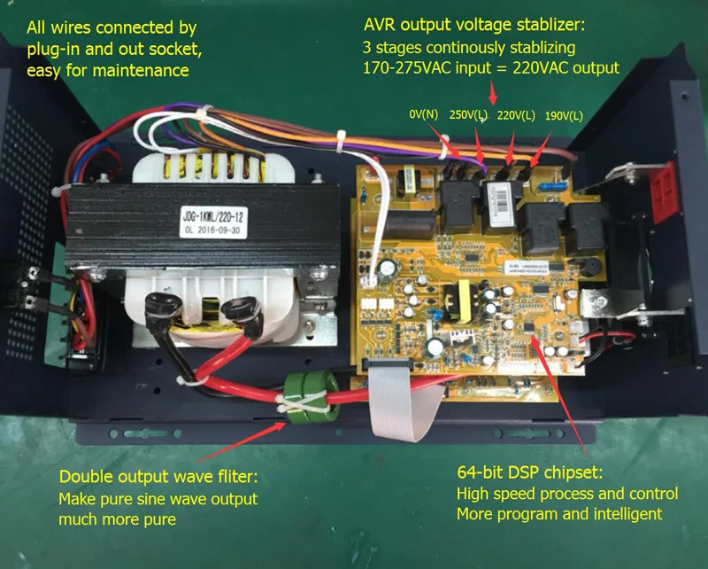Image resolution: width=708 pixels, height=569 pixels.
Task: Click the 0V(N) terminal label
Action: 424,114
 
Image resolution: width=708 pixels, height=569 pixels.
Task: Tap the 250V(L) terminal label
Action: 470,115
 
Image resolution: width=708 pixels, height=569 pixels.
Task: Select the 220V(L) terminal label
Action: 515,115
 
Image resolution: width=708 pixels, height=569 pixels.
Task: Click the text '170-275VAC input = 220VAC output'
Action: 491,66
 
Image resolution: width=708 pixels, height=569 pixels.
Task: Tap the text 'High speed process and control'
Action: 566,493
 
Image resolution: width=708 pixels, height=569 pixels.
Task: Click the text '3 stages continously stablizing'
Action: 469,46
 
